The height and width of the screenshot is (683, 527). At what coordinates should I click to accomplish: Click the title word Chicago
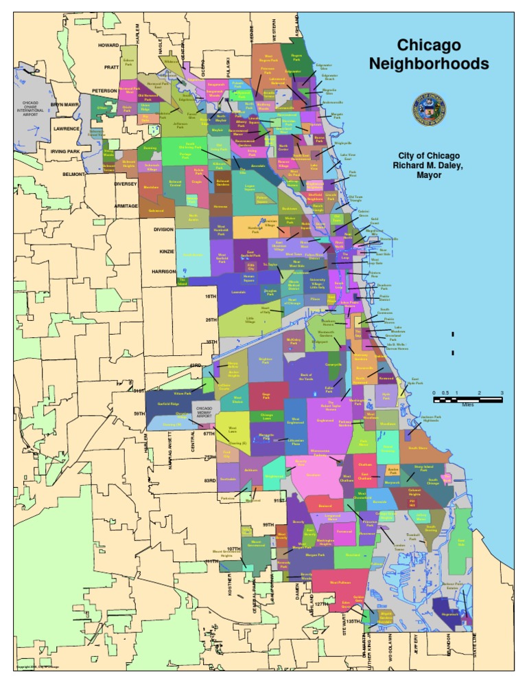(x=429, y=46)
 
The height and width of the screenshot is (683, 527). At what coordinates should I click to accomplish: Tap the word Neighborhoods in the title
(x=429, y=64)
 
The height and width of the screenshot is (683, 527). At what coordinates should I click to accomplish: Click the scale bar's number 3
(x=502, y=392)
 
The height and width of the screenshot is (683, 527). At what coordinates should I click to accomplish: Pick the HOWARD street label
(x=108, y=45)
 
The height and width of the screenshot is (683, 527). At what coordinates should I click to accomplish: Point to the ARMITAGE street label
(x=126, y=205)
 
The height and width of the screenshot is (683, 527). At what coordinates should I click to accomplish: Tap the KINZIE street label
(x=166, y=251)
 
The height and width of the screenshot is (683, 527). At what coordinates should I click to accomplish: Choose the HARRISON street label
(x=164, y=271)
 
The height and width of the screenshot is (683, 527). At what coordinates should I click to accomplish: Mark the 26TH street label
(x=210, y=320)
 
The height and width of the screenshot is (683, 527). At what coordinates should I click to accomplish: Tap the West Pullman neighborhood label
(x=340, y=583)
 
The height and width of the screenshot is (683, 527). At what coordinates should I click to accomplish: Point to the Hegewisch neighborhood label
(x=450, y=614)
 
